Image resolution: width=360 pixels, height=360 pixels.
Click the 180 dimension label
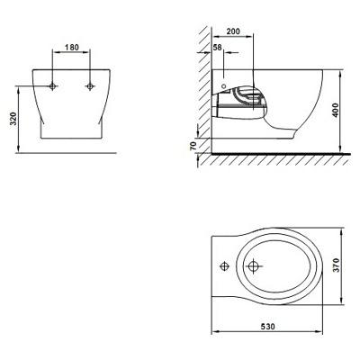point(72,47)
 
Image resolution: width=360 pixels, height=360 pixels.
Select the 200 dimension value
point(233,31)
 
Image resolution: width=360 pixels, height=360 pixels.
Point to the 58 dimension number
point(218,47)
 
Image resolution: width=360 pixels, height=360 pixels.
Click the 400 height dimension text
point(336,110)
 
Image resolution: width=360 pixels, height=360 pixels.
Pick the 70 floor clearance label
point(193,146)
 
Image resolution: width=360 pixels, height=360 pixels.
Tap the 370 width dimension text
point(336,265)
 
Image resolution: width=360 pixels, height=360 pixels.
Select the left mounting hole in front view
point(53,86)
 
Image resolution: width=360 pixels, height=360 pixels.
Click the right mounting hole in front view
point(89,86)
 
